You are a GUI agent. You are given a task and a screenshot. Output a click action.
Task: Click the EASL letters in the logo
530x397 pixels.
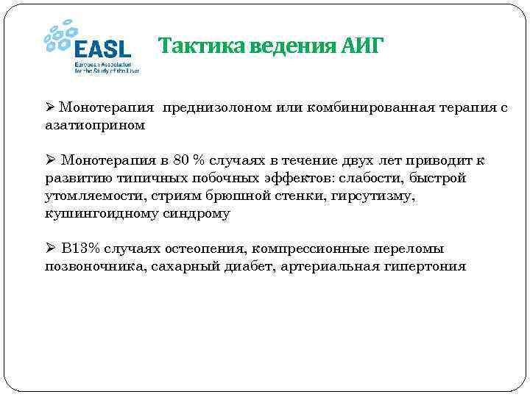(x=102, y=49)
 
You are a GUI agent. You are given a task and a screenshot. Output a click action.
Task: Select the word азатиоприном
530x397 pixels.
(x=95, y=125)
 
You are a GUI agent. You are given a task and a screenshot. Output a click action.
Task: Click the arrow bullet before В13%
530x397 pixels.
(x=50, y=248)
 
